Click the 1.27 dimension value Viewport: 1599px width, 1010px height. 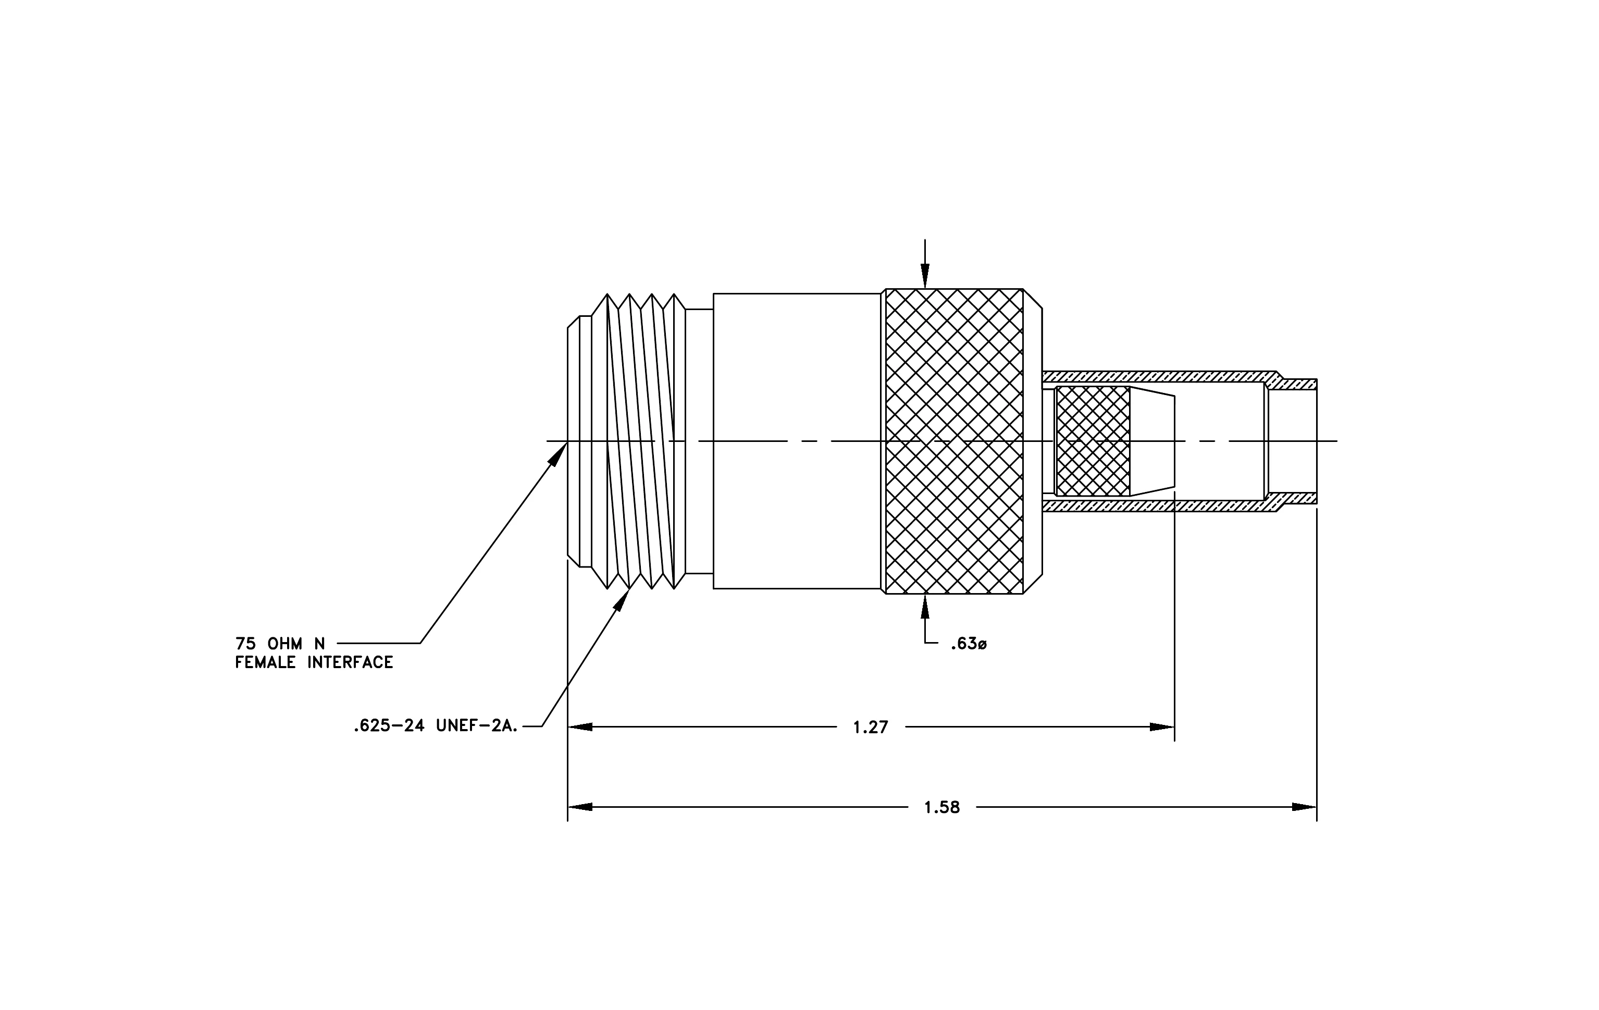pyautogui.click(x=870, y=728)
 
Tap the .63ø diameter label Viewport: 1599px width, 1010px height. pyautogui.click(x=969, y=644)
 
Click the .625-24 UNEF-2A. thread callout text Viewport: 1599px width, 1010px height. pyautogui.click(x=436, y=726)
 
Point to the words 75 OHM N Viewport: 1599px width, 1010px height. pyautogui.click(x=280, y=644)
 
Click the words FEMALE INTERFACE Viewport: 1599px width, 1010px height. pyautogui.click(x=314, y=663)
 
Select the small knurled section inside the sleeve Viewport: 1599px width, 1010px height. pyautogui.click(x=1093, y=441)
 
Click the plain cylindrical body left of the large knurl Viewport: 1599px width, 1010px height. pyautogui.click(x=797, y=441)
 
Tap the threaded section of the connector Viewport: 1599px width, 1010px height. pyautogui.click(x=638, y=441)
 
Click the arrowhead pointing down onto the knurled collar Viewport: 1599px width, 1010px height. pyautogui.click(x=925, y=276)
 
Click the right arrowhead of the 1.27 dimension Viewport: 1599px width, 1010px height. pyautogui.click(x=1162, y=727)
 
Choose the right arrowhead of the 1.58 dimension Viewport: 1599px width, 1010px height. pyautogui.click(x=1304, y=807)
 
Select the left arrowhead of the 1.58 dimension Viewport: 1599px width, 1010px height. pyautogui.click(x=580, y=807)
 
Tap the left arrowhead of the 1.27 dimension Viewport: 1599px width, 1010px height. pyautogui.click(x=580, y=727)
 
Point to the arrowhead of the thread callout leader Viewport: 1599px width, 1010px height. pyautogui.click(x=622, y=600)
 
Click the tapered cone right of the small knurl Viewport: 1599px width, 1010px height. pyautogui.click(x=1152, y=441)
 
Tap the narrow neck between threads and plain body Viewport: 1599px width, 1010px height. pyautogui.click(x=699, y=441)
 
